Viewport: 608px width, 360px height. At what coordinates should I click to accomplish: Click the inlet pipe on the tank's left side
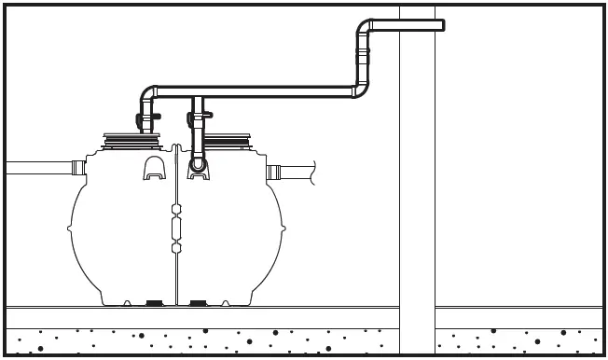pyautogui.click(x=33, y=169)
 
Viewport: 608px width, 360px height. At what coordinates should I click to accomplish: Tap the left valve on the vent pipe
pyautogui.click(x=141, y=119)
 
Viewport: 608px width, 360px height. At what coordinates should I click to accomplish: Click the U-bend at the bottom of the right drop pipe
pyautogui.click(x=197, y=165)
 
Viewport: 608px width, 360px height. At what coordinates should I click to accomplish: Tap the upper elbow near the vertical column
pyautogui.click(x=365, y=28)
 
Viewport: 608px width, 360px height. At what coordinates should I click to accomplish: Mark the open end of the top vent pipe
pyautogui.click(x=441, y=25)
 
